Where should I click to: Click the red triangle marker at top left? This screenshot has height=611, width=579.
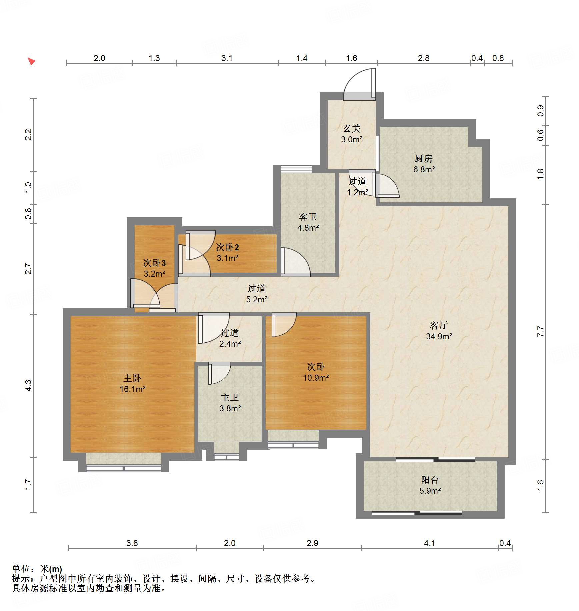point(31,61)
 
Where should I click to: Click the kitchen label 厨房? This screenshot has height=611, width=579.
point(423,158)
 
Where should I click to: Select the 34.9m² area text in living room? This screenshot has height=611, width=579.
point(439,336)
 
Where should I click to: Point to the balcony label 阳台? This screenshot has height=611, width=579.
point(430,480)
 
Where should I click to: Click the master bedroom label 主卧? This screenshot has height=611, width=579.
point(132,378)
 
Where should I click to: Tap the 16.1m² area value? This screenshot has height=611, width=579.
point(132,389)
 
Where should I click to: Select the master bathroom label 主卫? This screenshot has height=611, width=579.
point(230,397)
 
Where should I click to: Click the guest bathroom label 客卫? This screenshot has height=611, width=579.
point(307,217)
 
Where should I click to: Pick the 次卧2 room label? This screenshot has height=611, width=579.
point(227,247)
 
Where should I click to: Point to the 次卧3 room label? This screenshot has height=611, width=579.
point(154,263)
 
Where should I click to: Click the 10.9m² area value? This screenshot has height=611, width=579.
point(316,378)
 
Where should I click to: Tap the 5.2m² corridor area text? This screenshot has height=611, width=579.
point(257,299)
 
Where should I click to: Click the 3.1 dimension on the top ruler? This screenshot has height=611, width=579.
point(227,58)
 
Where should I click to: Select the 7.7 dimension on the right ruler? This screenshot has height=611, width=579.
point(540,332)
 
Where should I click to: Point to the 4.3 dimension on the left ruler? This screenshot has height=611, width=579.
point(29,385)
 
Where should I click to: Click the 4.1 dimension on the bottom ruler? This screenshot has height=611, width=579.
point(429,543)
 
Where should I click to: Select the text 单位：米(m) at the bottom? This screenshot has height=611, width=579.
point(37,569)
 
